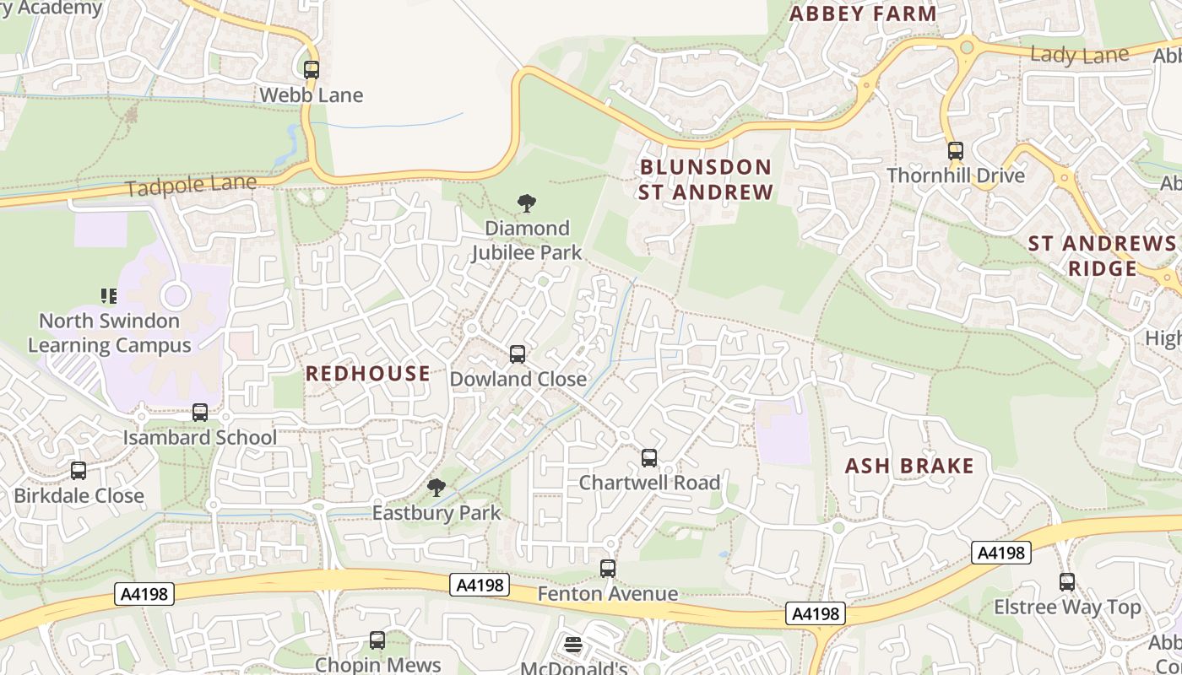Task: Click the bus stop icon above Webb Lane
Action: tap(312, 70)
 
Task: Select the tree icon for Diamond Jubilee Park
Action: tap(527, 203)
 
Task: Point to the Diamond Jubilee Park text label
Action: tap(527, 240)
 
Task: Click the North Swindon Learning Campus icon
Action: tap(109, 295)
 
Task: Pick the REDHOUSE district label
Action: tap(367, 374)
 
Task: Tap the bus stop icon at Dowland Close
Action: tap(518, 354)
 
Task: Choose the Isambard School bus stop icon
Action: tap(200, 413)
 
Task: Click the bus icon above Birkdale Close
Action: tap(79, 471)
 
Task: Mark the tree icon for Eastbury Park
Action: tap(436, 488)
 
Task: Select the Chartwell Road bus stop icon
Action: tap(649, 458)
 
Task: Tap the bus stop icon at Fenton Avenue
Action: tap(608, 569)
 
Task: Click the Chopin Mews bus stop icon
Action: tap(377, 640)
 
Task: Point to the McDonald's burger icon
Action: tap(573, 645)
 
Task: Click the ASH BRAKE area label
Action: tap(909, 466)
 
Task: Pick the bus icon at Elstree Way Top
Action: tap(1067, 582)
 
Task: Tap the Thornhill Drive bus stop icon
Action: tap(956, 151)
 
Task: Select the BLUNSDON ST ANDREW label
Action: tap(705, 180)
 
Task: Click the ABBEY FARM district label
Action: tap(863, 14)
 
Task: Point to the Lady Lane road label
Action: tap(1079, 56)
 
